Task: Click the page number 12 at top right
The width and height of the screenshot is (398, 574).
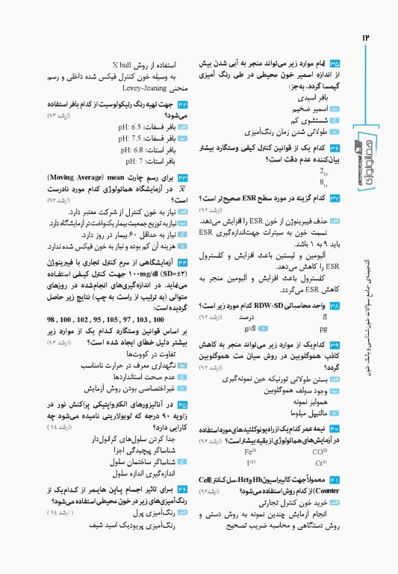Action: point(366,37)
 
